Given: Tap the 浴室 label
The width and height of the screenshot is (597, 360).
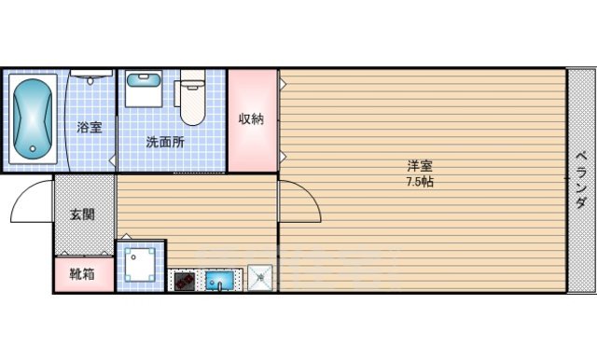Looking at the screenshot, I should coord(89,129).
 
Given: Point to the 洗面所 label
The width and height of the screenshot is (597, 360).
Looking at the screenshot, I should coord(164,143).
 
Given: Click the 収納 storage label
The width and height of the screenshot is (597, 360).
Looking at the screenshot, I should coord(251,118).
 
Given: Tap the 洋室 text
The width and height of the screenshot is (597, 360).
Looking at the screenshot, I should coord(419,166).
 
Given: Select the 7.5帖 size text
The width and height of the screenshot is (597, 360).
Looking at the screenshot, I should coord(419,181).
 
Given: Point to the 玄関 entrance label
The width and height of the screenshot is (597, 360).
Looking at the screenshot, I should coord(83,215).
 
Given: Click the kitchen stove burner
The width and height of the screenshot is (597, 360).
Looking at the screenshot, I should coord(185,279).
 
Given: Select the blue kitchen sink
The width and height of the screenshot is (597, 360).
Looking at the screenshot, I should coord(221,279).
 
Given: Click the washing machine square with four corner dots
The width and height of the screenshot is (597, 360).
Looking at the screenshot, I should coord(141,266).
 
